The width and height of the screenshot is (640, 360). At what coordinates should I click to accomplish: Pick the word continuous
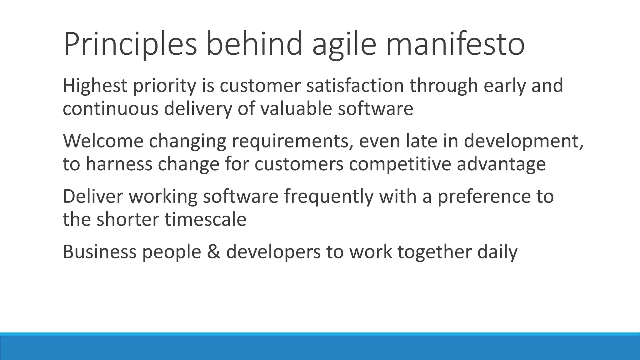click(x=110, y=109)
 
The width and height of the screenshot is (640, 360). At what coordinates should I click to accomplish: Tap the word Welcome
click(x=103, y=141)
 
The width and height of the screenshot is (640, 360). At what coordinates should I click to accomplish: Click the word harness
click(x=119, y=164)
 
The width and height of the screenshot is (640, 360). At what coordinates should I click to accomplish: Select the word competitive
click(x=400, y=165)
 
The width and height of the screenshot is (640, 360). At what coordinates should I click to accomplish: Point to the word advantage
click(x=501, y=165)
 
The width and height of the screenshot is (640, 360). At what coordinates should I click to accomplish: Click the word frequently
click(x=328, y=197)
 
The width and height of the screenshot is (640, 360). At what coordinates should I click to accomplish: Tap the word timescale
click(x=206, y=219)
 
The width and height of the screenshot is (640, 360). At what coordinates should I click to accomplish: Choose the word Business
click(x=100, y=252)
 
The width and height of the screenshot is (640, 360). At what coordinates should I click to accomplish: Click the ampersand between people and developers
click(x=213, y=252)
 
